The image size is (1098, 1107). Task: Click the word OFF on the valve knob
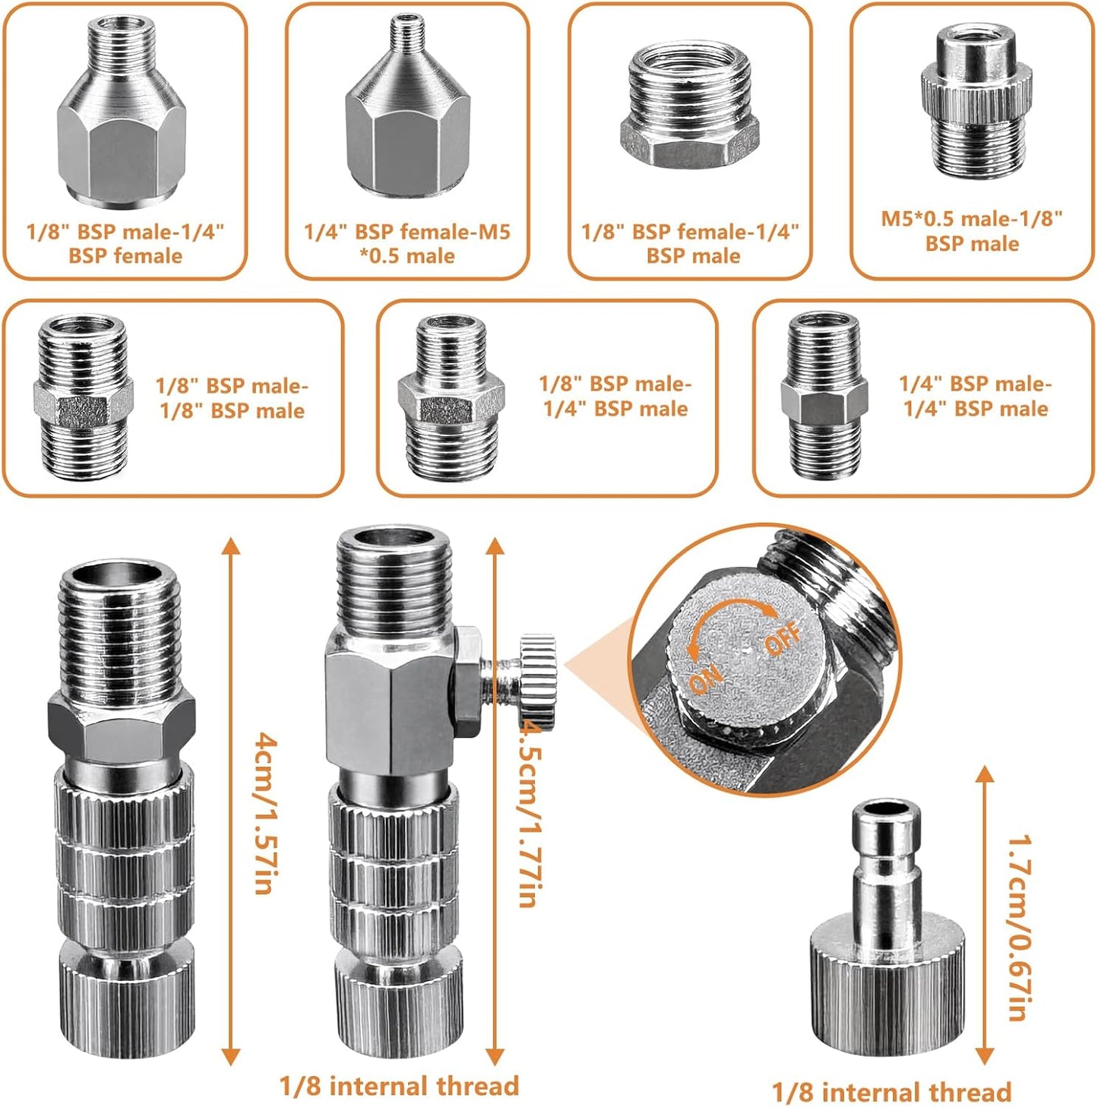click(783, 637)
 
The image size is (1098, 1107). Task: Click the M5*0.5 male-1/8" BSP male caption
click(972, 231)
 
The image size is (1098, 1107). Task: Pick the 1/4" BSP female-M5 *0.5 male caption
click(407, 244)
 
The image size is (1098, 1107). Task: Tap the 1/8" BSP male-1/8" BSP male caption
click(232, 397)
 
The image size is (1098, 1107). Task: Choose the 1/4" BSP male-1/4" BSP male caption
click(975, 396)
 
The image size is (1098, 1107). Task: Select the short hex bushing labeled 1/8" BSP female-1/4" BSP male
click(689, 106)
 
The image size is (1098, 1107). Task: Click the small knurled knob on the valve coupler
click(538, 679)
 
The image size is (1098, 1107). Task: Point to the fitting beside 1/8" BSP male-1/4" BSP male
click(451, 396)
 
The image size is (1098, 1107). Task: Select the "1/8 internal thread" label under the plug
click(891, 1092)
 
